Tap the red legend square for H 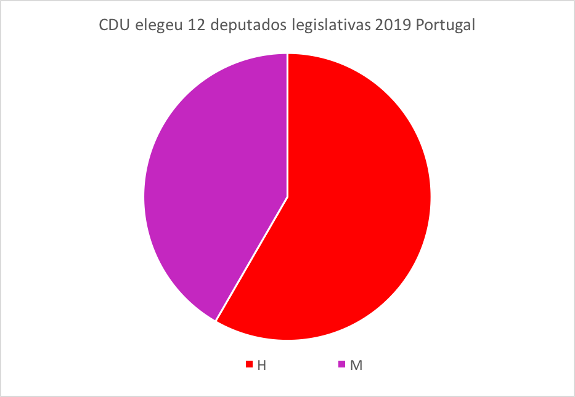click(x=250, y=364)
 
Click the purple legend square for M click(x=342, y=364)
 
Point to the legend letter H click(x=262, y=365)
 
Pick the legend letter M click(x=356, y=365)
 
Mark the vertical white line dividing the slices click(x=287, y=123)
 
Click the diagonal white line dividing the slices click(x=251, y=259)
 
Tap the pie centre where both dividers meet click(x=287, y=197)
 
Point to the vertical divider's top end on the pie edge click(x=287, y=55)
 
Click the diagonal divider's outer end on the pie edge click(x=216, y=320)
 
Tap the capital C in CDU click(x=104, y=27)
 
